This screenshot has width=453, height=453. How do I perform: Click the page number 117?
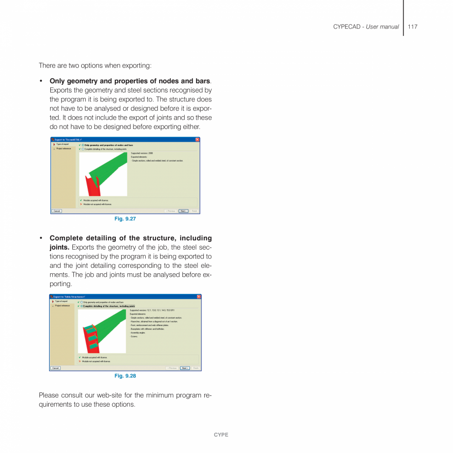(x=412, y=27)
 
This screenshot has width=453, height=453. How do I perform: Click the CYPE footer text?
(x=221, y=435)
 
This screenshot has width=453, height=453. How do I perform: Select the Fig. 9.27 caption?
(x=125, y=219)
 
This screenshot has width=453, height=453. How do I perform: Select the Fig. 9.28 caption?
(x=125, y=376)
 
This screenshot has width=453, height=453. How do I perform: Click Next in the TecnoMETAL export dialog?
(x=183, y=211)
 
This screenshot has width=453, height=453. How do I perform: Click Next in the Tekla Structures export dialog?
(x=185, y=368)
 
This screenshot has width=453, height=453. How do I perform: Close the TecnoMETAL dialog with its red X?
(x=197, y=140)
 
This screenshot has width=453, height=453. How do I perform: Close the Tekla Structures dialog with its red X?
(x=199, y=296)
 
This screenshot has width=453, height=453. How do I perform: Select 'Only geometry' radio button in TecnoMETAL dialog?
(x=83, y=145)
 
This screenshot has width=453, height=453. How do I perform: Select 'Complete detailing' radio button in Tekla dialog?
(x=82, y=306)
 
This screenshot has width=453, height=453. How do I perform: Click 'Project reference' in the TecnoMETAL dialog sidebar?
(x=64, y=149)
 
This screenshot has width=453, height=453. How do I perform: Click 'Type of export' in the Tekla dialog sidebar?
(x=62, y=301)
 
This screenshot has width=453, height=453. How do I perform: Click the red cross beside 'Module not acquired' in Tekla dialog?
(x=79, y=361)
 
